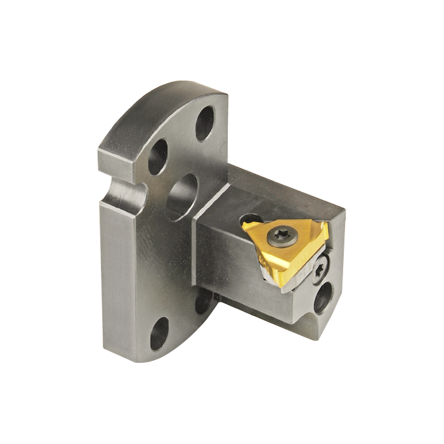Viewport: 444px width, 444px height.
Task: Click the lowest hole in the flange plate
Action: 159,334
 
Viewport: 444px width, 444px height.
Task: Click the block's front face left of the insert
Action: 232,260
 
